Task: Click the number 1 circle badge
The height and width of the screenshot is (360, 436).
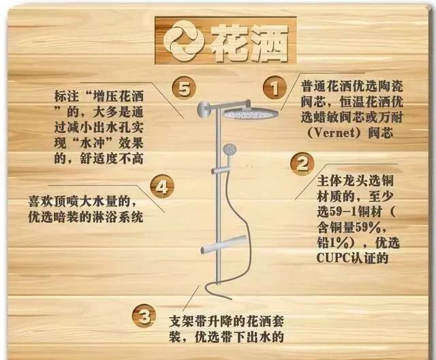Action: [x=274, y=87]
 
